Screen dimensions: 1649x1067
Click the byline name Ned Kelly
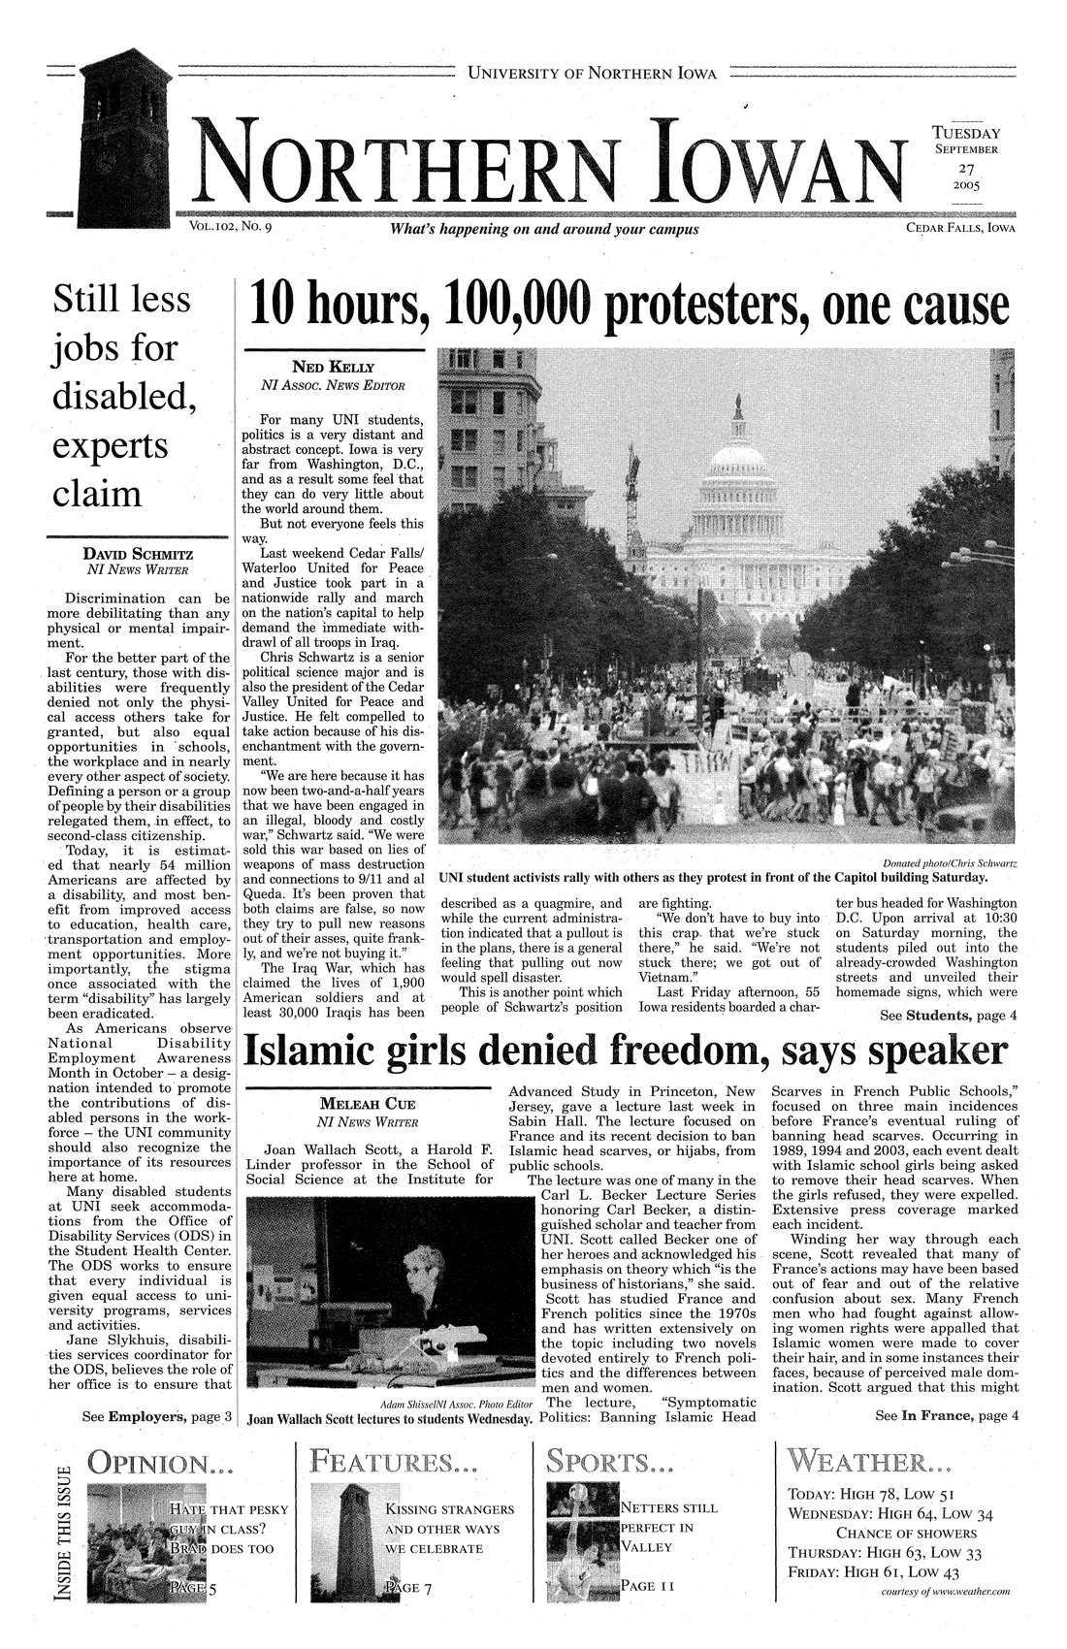[333, 368]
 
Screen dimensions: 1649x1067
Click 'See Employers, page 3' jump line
[155, 1417]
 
